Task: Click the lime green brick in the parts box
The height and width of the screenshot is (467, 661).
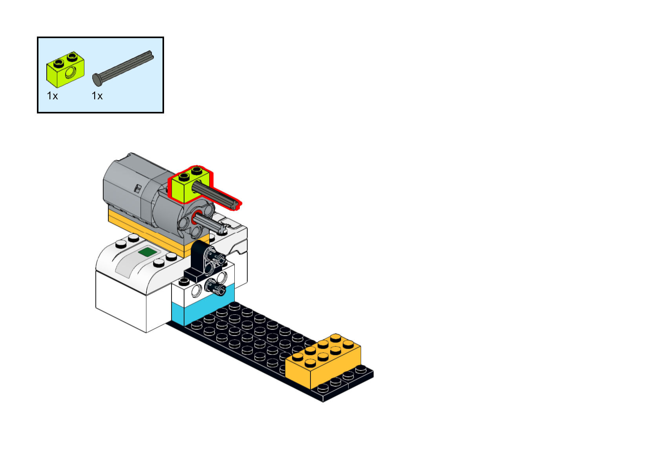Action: pyautogui.click(x=65, y=71)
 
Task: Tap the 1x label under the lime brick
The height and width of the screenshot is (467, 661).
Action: pyautogui.click(x=52, y=96)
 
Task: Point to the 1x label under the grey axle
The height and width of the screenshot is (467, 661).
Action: pyautogui.click(x=97, y=96)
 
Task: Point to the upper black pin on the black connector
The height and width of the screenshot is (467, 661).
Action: pyautogui.click(x=217, y=257)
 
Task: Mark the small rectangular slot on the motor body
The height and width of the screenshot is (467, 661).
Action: pyautogui.click(x=137, y=188)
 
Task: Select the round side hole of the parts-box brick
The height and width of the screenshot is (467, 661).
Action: pyautogui.click(x=71, y=72)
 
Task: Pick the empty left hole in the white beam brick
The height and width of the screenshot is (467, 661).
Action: pyautogui.click(x=196, y=291)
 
